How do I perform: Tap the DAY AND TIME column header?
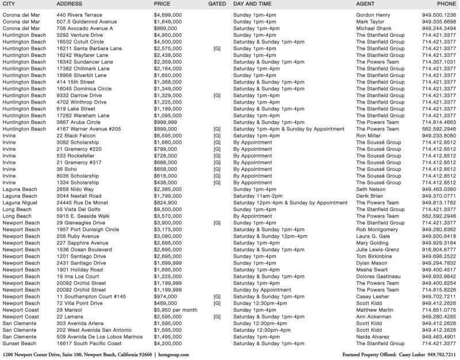coord(254,3)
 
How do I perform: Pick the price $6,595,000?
coord(168,135)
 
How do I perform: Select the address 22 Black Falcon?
coord(75,135)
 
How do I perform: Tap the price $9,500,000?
coord(168,210)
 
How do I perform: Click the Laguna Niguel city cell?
coord(21,203)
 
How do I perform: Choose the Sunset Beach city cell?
coord(21,343)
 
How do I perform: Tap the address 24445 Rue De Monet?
coord(81,203)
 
